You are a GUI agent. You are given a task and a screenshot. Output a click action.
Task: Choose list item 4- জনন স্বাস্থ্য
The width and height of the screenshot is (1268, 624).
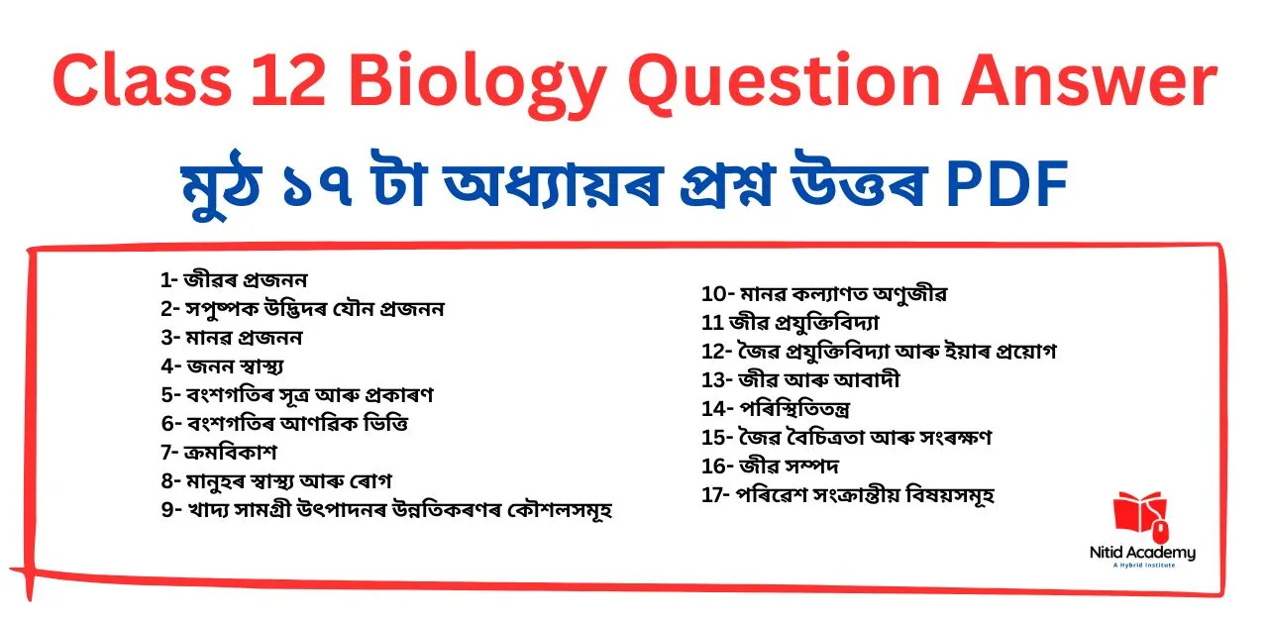tap(223, 366)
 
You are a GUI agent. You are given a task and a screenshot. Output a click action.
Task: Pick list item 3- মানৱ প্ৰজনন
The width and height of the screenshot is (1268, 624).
tap(232, 338)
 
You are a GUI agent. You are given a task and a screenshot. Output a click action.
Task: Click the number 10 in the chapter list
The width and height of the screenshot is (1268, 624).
tap(712, 294)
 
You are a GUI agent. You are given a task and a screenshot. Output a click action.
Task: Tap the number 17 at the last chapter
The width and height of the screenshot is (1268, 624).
tap(712, 495)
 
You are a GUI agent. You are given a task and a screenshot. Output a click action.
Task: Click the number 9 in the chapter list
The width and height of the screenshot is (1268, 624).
tap(165, 511)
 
